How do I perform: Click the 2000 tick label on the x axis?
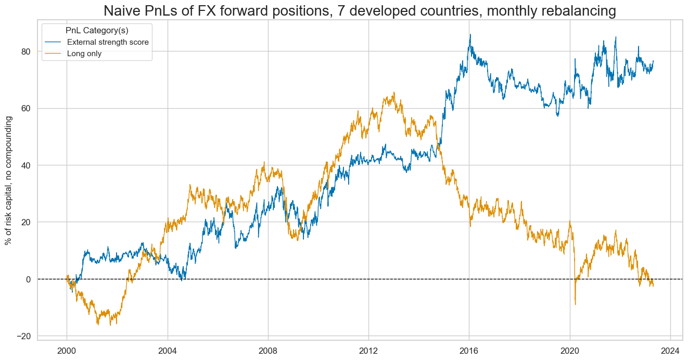(x=67, y=348)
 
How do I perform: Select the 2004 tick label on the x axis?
(x=168, y=348)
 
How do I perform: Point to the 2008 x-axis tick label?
(x=268, y=348)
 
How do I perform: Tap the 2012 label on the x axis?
(x=368, y=348)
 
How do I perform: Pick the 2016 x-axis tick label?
(x=469, y=348)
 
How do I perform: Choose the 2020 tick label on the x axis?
(x=570, y=348)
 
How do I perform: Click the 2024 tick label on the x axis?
(x=670, y=348)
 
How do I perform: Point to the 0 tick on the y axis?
(x=29, y=279)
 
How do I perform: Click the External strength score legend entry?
(x=108, y=42)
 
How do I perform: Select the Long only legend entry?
(x=84, y=53)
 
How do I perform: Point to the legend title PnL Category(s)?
(x=97, y=31)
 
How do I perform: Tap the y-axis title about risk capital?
(x=8, y=181)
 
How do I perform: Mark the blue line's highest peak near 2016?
(x=470, y=35)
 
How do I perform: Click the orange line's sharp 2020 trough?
(x=575, y=304)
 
